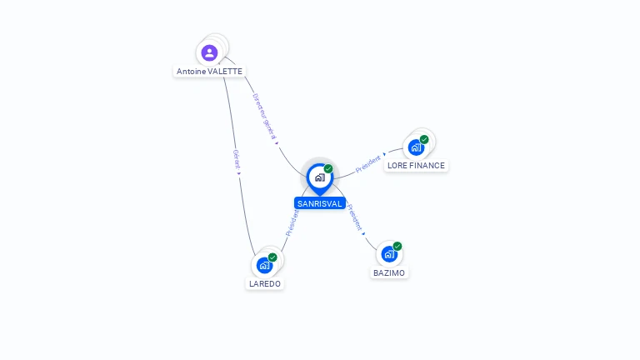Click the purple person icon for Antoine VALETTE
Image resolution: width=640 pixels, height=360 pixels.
click(x=209, y=52)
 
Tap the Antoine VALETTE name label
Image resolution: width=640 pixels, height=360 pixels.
click(x=210, y=72)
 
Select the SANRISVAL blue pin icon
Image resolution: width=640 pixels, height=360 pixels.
click(x=319, y=177)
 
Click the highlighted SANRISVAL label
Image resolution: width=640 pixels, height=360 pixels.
click(x=320, y=203)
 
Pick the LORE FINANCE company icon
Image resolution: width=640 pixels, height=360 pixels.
click(x=415, y=148)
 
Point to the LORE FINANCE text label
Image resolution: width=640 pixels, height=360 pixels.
click(x=417, y=166)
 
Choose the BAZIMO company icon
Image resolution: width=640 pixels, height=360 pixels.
click(x=388, y=254)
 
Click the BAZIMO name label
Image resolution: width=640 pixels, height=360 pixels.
click(x=389, y=272)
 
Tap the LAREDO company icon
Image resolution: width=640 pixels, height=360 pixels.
click(x=264, y=265)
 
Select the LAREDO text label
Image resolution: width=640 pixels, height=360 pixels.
click(x=265, y=283)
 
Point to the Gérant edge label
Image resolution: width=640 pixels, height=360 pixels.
click(x=237, y=161)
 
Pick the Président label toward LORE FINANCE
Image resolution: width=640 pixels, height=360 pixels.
click(x=369, y=163)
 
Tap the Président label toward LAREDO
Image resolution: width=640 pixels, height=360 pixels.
click(x=292, y=223)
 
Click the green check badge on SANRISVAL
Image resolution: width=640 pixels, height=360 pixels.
click(x=328, y=169)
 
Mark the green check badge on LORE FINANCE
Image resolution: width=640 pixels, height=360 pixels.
click(x=424, y=140)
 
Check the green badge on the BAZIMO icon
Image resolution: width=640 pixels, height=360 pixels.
click(x=397, y=246)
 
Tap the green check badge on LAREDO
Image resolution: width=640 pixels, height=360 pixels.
click(x=272, y=257)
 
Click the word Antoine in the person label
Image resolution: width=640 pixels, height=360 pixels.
click(x=191, y=72)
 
